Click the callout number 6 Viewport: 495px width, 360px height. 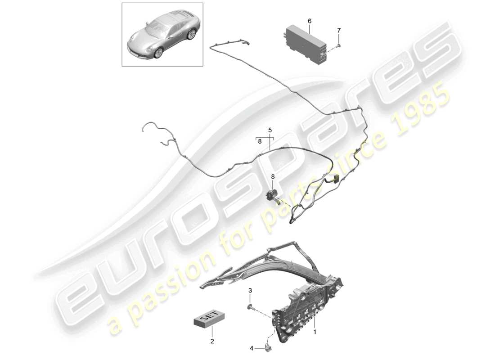tap(310, 21)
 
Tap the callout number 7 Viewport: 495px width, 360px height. tap(339, 30)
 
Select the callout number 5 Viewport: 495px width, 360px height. tap(270, 130)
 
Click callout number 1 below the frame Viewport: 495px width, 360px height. tap(315, 332)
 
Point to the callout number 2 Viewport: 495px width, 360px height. tap(212, 342)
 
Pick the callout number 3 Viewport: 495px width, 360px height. tap(250, 292)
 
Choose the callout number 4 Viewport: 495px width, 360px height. tap(252, 348)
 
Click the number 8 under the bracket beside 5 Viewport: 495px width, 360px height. tap(260, 141)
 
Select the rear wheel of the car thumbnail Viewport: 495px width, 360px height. tap(193, 34)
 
